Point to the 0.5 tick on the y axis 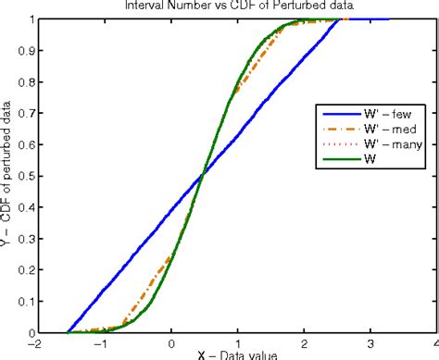[x=21, y=176]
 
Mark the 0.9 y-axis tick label [x=21, y=51]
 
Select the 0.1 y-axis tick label [x=21, y=302]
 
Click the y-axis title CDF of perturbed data [x=7, y=176]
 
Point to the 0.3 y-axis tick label [x=21, y=239]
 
